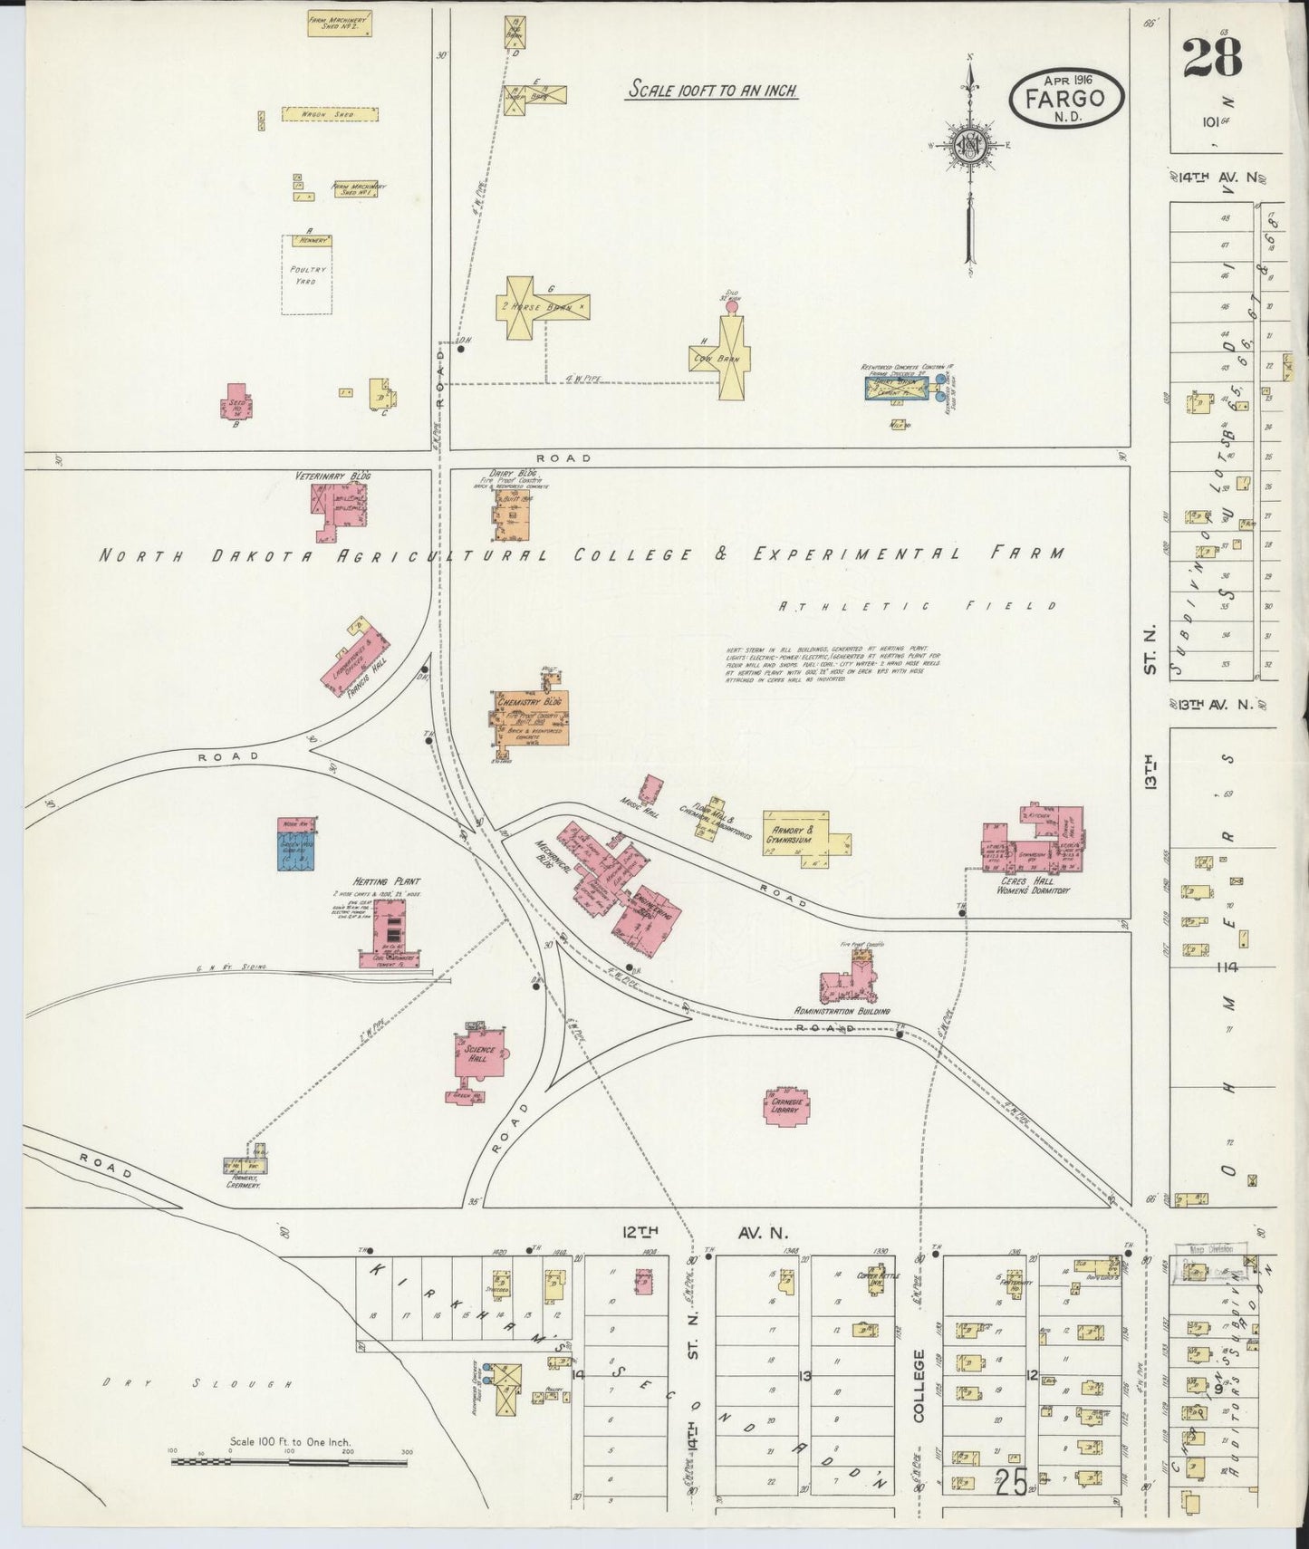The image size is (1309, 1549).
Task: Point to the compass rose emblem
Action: point(968,145)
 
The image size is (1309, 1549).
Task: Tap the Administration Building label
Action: point(842,1011)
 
